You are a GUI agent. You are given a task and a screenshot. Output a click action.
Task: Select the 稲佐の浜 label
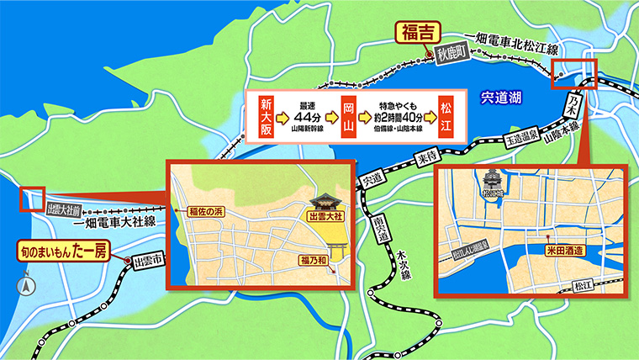pyautogui.click(x=199, y=210)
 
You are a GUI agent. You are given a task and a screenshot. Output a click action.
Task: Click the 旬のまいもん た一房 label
pyautogui.click(x=61, y=250)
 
